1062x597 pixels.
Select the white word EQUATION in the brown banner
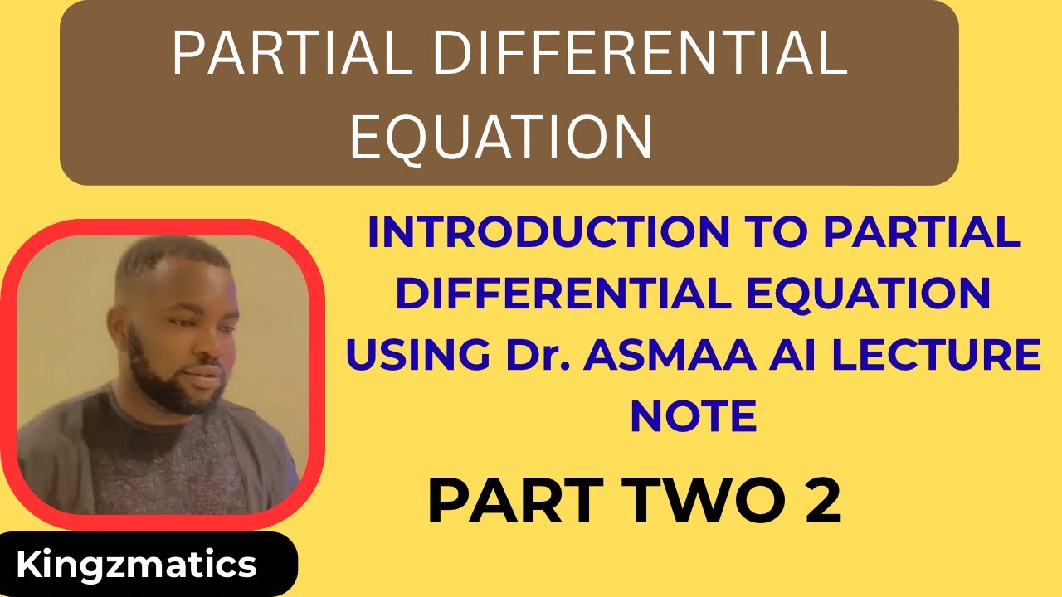[500, 137]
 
